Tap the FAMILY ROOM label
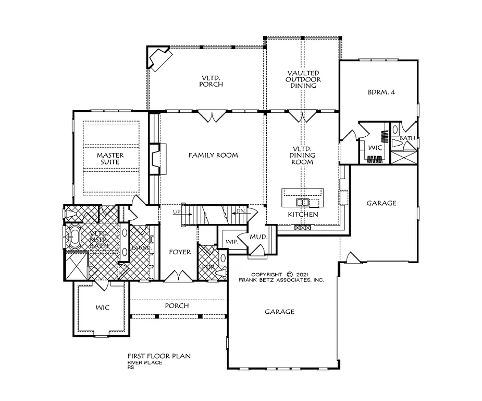[213, 155]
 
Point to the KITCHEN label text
[303, 215]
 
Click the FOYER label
[180, 252]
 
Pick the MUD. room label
[258, 237]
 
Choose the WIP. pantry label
[232, 242]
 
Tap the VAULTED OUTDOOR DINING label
[303, 79]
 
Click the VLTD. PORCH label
[213, 81]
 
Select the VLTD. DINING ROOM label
[302, 155]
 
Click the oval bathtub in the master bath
[75, 238]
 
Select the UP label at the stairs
[177, 211]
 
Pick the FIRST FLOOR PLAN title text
[159, 356]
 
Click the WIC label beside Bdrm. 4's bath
[375, 148]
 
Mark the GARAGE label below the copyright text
[279, 312]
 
